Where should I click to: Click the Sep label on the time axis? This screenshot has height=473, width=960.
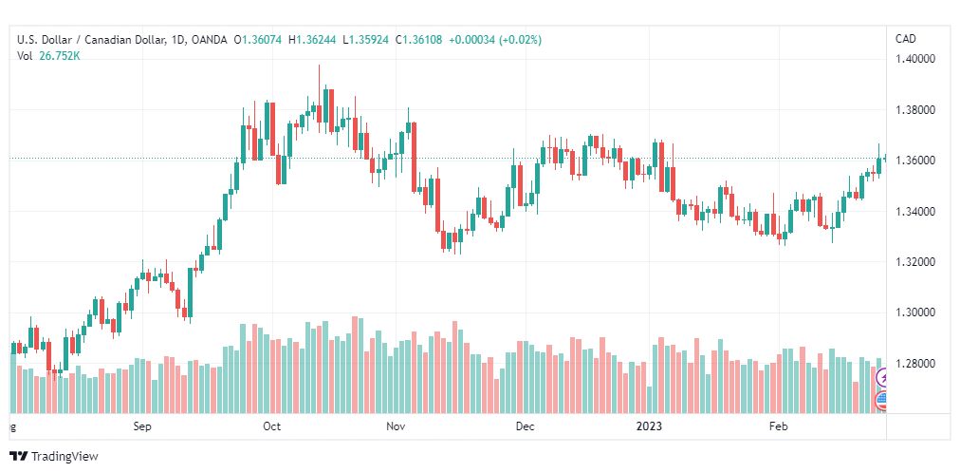point(142,426)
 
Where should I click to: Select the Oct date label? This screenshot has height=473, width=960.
point(271,426)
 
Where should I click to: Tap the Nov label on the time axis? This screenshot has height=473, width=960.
point(397,426)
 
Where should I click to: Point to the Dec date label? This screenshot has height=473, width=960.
point(525,426)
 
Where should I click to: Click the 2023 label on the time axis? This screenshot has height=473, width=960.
point(649,426)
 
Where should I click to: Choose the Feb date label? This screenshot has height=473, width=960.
point(778,426)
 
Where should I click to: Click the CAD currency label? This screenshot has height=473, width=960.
point(906,39)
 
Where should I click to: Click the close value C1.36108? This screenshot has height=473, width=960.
point(418,41)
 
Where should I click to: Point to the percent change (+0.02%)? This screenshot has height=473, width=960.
point(520,41)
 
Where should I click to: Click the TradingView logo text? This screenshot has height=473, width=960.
point(65,457)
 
